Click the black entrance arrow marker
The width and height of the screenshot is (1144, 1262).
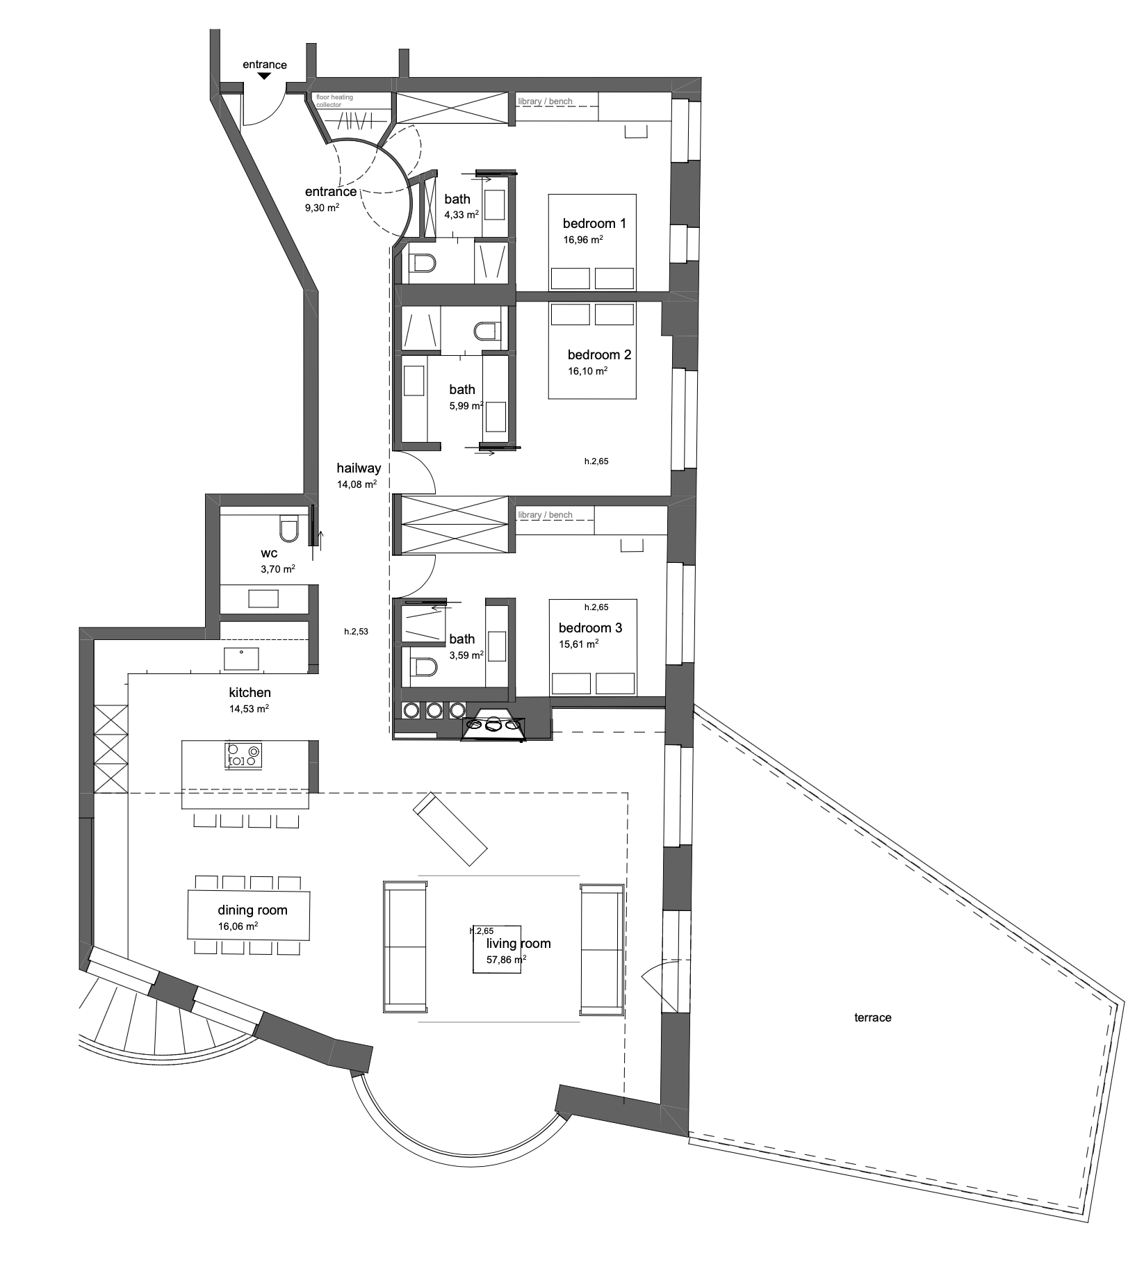tap(265, 76)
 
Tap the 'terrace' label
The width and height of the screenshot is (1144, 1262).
tap(872, 1017)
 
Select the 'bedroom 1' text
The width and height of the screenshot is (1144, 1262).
tap(594, 223)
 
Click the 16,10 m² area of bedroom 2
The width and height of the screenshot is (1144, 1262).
tap(588, 371)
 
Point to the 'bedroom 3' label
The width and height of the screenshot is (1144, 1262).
tap(590, 628)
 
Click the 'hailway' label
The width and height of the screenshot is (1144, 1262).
tap(359, 468)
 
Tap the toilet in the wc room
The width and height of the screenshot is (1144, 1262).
tap(288, 528)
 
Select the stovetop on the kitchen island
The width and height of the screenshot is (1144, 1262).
tap(244, 755)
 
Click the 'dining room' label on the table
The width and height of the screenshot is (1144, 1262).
tap(252, 910)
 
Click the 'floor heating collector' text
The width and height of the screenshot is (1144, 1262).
tap(335, 101)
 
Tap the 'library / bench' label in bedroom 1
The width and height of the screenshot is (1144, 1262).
tap(546, 101)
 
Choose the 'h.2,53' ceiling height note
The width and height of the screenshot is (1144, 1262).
tap(356, 632)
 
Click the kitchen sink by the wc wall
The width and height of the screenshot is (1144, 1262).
tap(241, 658)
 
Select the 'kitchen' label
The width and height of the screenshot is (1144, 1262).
tap(250, 692)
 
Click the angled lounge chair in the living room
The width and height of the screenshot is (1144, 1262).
tap(450, 828)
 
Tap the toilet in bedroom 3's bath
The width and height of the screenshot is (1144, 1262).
tap(423, 667)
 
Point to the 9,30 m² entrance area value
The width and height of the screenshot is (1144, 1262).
tap(322, 207)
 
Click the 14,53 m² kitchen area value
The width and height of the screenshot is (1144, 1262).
tap(249, 709)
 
